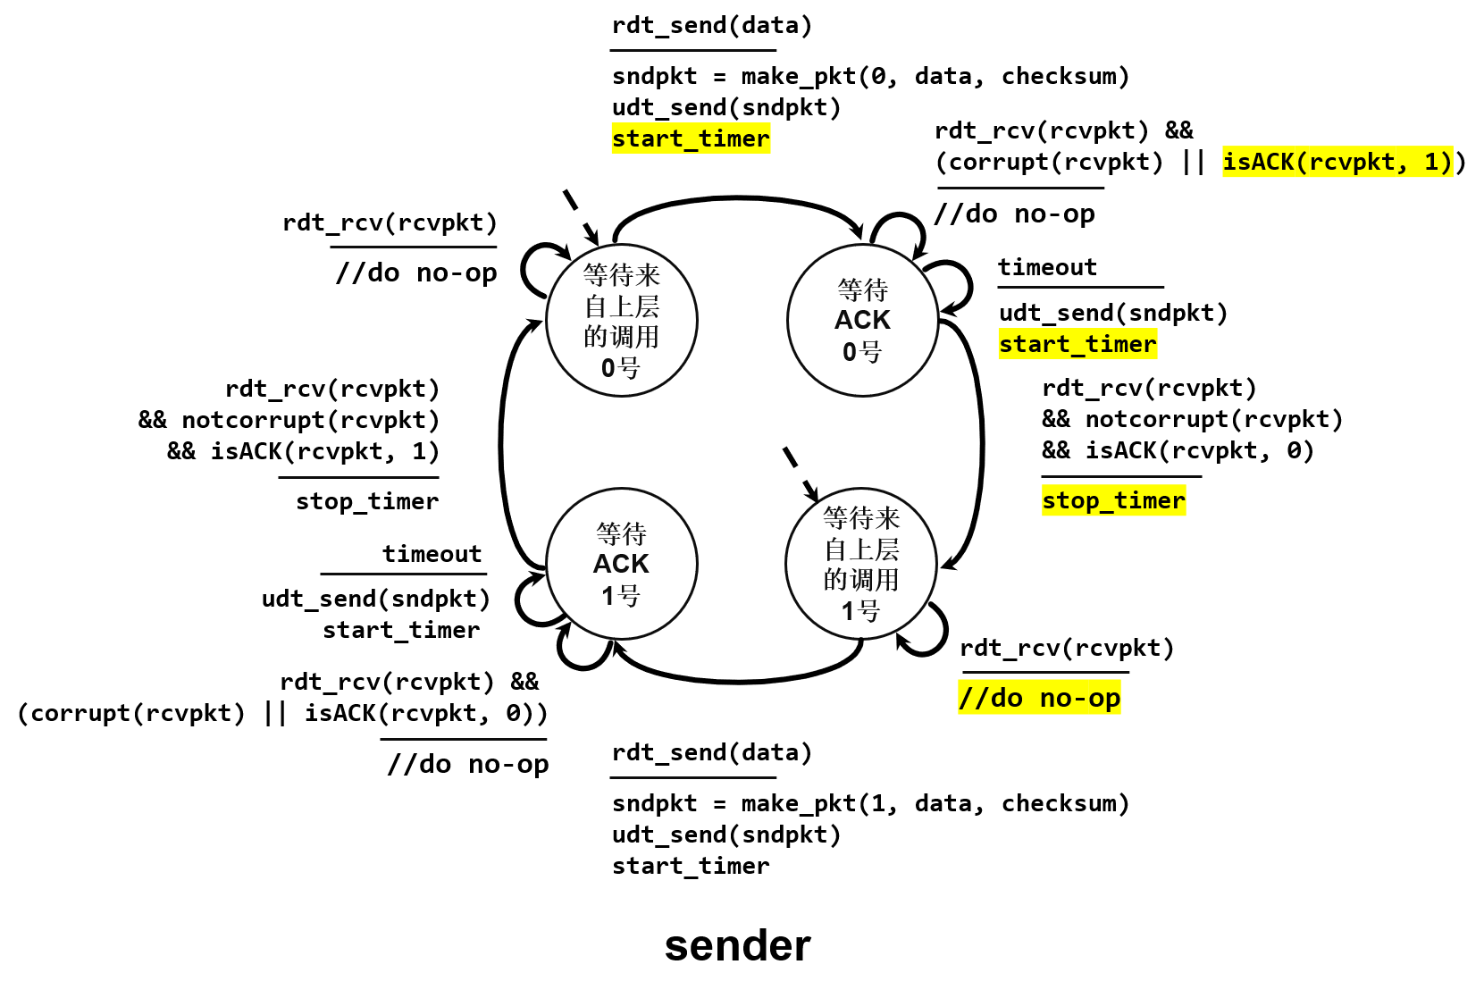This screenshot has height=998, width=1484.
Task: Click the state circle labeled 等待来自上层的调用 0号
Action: pyautogui.click(x=622, y=320)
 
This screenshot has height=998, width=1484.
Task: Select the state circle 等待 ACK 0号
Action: pyautogui.click(x=863, y=320)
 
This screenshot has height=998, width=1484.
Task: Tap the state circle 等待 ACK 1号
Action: pyautogui.click(x=622, y=564)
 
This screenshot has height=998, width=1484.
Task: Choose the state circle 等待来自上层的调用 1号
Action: pyautogui.click(x=861, y=564)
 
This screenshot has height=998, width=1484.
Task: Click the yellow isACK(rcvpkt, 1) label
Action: pyautogui.click(x=1337, y=162)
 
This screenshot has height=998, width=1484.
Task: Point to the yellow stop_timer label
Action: pyautogui.click(x=1113, y=500)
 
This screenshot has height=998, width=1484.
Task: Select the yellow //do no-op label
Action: pyautogui.click(x=1039, y=697)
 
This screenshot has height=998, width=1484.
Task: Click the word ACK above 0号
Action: pyautogui.click(x=863, y=320)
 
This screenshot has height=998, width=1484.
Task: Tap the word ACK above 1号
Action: pyautogui.click(x=621, y=564)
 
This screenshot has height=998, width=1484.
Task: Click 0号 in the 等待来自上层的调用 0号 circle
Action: pyautogui.click(x=621, y=367)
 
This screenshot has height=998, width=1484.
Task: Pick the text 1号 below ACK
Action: pyautogui.click(x=621, y=595)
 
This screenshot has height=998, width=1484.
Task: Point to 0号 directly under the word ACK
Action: pyautogui.click(x=862, y=352)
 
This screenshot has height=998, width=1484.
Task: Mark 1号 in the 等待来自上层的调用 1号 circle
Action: pyautogui.click(x=861, y=611)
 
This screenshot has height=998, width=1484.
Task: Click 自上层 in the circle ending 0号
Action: pyautogui.click(x=622, y=306)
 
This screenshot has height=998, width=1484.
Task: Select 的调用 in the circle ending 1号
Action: pyautogui.click(x=861, y=580)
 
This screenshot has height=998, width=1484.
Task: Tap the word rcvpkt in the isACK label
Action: pyautogui.click(x=1352, y=162)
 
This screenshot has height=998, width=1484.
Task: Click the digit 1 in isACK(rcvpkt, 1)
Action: pyautogui.click(x=1430, y=162)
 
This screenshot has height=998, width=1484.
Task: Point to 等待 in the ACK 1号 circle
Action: pyautogui.click(x=622, y=534)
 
